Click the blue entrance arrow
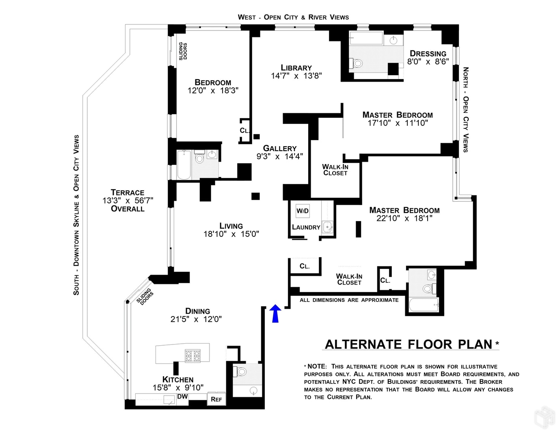click(x=275, y=314)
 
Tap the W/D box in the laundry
click(x=303, y=211)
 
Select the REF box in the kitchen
click(x=216, y=399)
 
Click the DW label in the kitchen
click(x=183, y=396)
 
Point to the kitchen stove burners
click(x=192, y=356)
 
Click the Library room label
click(x=296, y=68)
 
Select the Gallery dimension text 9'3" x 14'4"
click(x=279, y=156)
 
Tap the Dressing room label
click(x=428, y=54)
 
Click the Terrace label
click(x=128, y=193)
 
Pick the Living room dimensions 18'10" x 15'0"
click(x=231, y=234)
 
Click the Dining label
click(x=198, y=311)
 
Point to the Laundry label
click(x=306, y=227)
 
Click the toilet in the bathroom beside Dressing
click(x=357, y=63)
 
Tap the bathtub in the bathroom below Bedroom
click(x=184, y=165)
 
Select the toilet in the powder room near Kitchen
click(x=242, y=371)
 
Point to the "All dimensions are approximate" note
click(x=349, y=300)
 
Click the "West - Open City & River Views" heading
click(x=293, y=17)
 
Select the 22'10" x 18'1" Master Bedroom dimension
click(x=404, y=219)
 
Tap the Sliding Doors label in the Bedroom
click(x=183, y=51)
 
